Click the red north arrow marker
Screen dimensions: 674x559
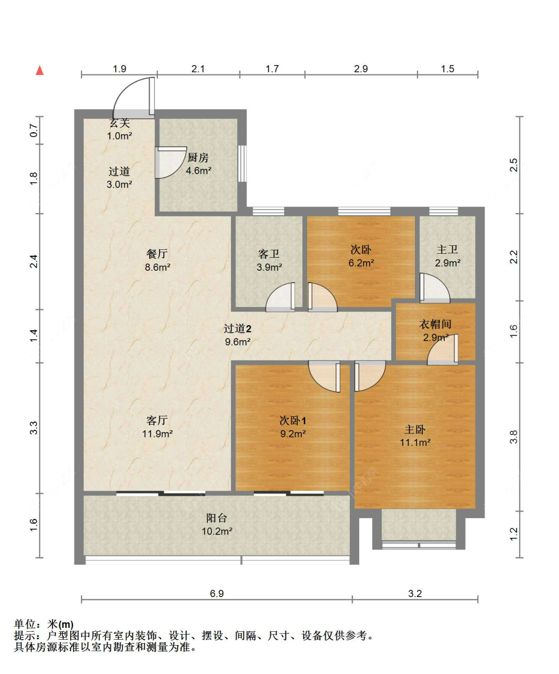pos(40,70)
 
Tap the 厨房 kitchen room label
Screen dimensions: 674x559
pos(198,157)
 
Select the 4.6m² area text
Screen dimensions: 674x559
pos(198,171)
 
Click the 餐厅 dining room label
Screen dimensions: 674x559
pos(157,254)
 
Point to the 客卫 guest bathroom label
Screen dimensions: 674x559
pos(269,254)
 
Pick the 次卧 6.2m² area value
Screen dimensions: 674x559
pos(361,263)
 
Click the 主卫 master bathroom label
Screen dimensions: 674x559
pos(447,249)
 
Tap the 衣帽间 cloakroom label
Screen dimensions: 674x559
pos(435,324)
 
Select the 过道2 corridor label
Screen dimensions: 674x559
pos(238,328)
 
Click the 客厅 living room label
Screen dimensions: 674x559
pos(157,420)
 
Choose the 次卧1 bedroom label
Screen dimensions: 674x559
pos(293,420)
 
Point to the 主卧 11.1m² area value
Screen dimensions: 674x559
pos(415,443)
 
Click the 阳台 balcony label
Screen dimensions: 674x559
pos(217,518)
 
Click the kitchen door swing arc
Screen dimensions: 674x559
pos(169,162)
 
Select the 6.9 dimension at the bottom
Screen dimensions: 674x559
pos(217,594)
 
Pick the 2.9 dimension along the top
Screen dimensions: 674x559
pos(361,69)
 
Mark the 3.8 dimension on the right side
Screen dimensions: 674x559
pos(513,437)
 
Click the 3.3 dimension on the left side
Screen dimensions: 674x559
pos(33,428)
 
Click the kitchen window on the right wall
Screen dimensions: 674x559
pos(242,163)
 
